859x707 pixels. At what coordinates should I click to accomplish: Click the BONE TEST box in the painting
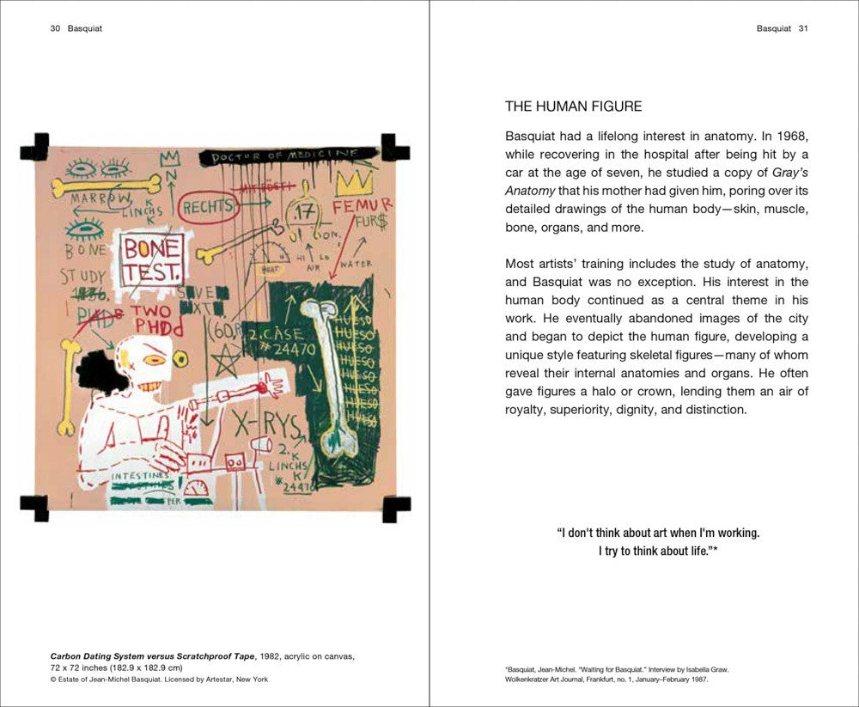click(x=152, y=260)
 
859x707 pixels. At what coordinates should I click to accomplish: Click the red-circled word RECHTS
click(x=207, y=207)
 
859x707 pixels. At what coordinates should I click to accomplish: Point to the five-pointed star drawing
click(x=226, y=361)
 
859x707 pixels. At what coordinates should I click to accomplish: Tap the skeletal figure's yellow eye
click(x=157, y=359)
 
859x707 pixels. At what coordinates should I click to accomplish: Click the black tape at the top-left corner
click(x=34, y=149)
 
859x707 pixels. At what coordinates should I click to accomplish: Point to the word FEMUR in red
click(x=362, y=206)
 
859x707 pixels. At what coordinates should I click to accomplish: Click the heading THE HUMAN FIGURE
click(x=573, y=107)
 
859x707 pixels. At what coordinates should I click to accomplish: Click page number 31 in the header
click(x=803, y=28)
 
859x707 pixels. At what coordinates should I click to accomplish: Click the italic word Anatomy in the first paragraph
click(x=529, y=191)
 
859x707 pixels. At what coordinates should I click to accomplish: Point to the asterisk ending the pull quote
click(x=714, y=551)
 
